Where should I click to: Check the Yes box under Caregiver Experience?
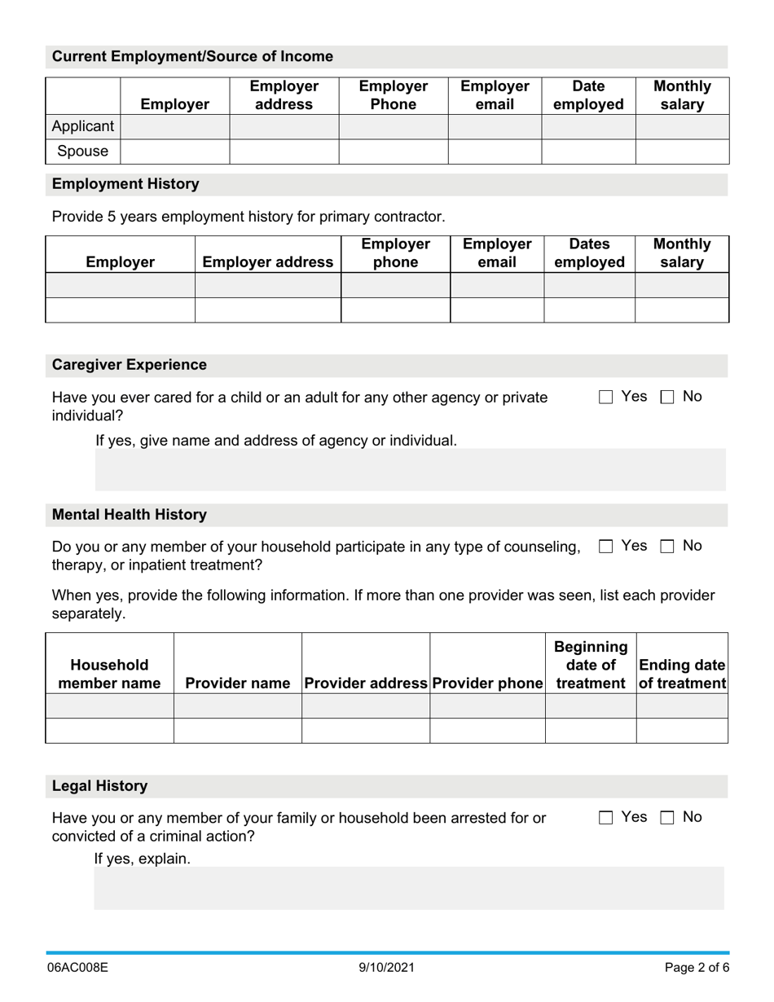click(605, 398)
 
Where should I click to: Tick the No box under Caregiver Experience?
click(667, 398)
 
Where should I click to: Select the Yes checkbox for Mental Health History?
click(605, 547)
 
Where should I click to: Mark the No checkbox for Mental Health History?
click(667, 547)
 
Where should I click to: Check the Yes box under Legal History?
click(605, 819)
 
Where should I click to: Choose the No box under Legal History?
click(667, 819)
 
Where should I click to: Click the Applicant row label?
click(83, 126)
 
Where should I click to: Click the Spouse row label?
click(83, 152)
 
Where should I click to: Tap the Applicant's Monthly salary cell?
click(682, 126)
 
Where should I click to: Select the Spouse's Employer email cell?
click(495, 152)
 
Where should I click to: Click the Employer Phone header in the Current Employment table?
click(393, 95)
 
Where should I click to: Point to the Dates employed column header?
click(589, 253)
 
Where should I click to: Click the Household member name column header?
click(110, 675)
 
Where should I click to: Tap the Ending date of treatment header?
click(682, 675)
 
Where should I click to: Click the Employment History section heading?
click(125, 184)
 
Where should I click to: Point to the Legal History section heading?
click(100, 786)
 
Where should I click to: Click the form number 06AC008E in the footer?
click(77, 968)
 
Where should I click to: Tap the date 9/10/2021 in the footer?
click(387, 968)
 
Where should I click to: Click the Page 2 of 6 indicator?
click(697, 968)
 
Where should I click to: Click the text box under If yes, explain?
click(409, 888)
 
